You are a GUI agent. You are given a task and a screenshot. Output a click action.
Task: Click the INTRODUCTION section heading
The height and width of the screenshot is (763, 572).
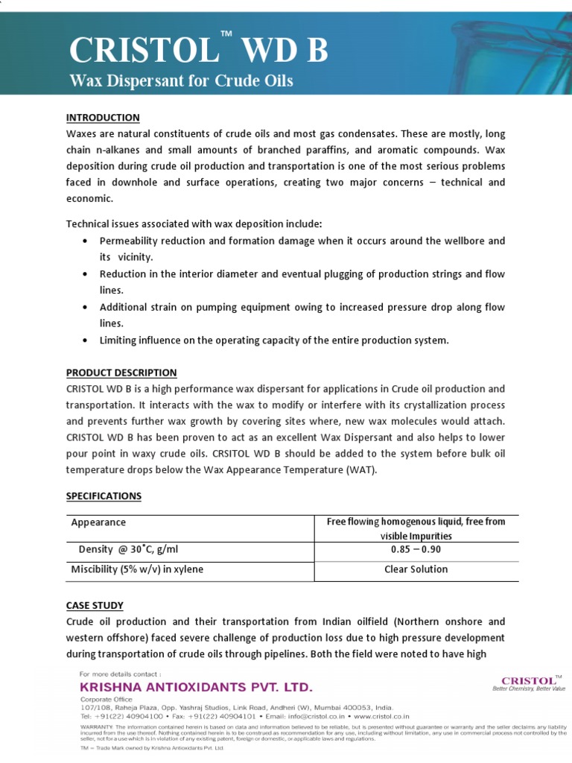click(x=103, y=118)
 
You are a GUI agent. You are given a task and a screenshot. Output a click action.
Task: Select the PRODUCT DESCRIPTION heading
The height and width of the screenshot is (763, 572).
click(x=121, y=373)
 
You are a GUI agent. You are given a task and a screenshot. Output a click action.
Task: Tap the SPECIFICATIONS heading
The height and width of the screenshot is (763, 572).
click(x=104, y=496)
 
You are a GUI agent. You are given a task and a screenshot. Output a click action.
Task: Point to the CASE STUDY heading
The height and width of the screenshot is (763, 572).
click(x=95, y=605)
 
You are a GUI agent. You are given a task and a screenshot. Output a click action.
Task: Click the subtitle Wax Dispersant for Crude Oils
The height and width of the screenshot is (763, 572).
click(x=181, y=80)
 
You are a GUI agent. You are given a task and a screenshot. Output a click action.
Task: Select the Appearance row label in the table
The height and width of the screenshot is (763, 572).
click(x=98, y=522)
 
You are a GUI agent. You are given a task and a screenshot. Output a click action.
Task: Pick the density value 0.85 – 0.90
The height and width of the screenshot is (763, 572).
click(x=416, y=549)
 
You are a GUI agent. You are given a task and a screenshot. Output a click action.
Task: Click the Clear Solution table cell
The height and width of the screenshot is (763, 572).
click(x=416, y=569)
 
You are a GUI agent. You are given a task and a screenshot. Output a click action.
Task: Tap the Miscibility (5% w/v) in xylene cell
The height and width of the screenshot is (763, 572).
click(x=137, y=569)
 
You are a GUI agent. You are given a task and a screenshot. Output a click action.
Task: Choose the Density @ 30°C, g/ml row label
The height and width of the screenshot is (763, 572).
click(x=128, y=549)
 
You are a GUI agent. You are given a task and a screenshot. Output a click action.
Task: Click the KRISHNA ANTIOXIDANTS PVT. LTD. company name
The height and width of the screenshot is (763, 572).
click(x=196, y=686)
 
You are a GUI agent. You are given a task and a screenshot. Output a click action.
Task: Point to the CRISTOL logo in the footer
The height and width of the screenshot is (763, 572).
click(x=529, y=680)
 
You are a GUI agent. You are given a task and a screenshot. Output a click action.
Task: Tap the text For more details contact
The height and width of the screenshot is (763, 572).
click(x=119, y=674)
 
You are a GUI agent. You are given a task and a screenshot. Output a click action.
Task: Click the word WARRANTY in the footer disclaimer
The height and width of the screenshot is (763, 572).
click(x=96, y=725)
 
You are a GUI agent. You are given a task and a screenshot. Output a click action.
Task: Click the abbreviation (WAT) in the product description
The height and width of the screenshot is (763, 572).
click(x=362, y=471)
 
